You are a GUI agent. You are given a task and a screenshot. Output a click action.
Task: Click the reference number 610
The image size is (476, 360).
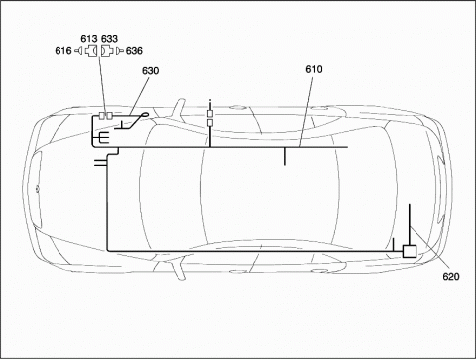[314, 69]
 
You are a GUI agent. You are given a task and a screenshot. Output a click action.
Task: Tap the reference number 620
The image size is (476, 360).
[451, 276]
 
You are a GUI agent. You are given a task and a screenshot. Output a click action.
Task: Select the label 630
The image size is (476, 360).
[150, 71]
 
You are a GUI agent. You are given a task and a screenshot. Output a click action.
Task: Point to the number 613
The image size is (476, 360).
[89, 39]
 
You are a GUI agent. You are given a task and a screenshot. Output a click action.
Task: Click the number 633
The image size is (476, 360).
[109, 39]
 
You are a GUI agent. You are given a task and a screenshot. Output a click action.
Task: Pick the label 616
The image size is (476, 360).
[63, 51]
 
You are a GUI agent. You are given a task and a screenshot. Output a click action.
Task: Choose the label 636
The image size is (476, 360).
[134, 51]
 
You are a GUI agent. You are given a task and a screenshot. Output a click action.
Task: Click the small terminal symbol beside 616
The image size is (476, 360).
[79, 51]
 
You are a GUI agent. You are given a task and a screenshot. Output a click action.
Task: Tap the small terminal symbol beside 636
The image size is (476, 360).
[120, 51]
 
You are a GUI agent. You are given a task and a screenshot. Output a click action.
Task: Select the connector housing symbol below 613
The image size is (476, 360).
[91, 51]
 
